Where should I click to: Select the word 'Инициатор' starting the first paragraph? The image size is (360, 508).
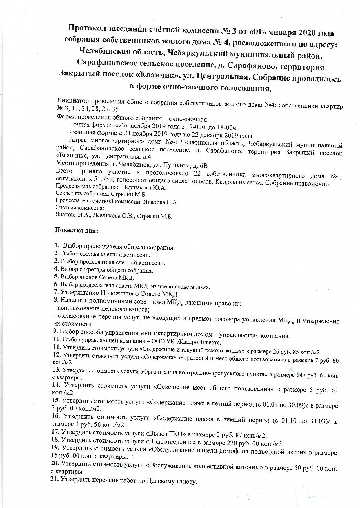72,101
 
